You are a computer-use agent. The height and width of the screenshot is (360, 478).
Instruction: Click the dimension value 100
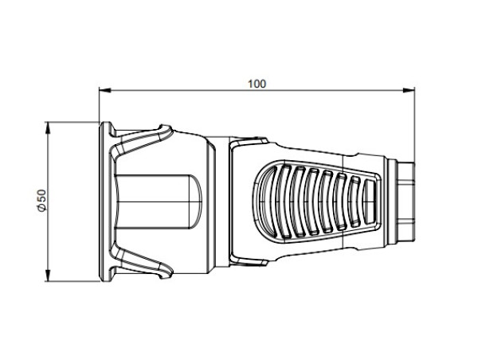tap(257, 83)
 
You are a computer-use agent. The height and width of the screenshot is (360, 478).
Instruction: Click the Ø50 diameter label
tap(40, 202)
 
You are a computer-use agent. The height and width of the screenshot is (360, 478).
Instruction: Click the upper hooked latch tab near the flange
tap(163, 132)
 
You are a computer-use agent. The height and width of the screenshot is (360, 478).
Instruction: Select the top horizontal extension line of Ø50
tap(72, 121)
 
